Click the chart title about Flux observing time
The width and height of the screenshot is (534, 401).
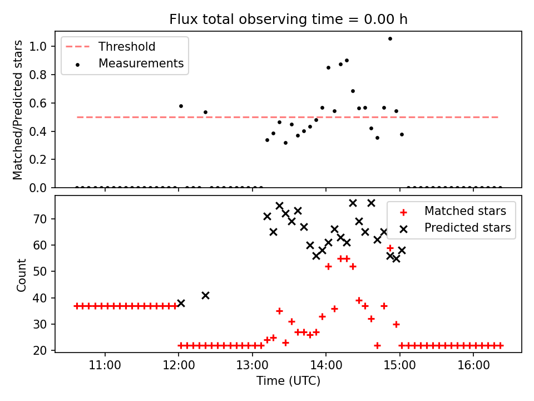point(288,19)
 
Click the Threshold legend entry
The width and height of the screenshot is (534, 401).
point(127,47)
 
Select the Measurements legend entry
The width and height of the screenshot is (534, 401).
point(141,63)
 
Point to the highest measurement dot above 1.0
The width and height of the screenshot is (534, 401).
point(390,38)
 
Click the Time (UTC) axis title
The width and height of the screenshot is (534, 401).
point(288,382)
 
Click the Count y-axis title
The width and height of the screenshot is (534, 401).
point(22,275)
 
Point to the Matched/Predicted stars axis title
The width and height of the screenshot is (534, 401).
point(18,110)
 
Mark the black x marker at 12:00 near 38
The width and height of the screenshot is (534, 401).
point(181,304)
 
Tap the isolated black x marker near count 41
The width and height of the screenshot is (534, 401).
point(205,295)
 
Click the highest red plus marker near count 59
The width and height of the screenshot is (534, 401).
point(390,248)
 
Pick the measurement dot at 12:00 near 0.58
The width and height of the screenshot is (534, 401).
point(181,106)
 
